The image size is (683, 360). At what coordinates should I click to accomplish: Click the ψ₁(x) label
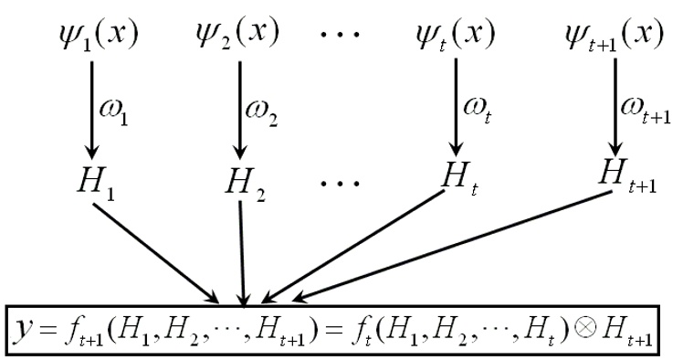pos(99,35)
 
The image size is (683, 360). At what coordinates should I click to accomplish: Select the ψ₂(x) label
pos(237,34)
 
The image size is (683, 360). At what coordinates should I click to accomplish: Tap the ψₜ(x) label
pos(456,34)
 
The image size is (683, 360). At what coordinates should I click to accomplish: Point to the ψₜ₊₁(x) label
pos(615,35)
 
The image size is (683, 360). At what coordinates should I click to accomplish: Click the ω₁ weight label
pos(114,113)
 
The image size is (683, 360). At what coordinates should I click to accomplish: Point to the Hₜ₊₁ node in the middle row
pos(627,176)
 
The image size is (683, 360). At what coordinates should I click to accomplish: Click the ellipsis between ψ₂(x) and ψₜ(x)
pos(341,34)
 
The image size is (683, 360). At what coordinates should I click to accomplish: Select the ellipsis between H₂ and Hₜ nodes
pos(341,183)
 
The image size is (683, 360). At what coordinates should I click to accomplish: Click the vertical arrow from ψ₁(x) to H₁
pos(91,111)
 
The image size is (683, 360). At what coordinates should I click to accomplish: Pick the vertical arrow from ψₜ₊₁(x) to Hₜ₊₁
pos(615,107)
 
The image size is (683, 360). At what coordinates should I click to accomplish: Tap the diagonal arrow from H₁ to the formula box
pos(156,253)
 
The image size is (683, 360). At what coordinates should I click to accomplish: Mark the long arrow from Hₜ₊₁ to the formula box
pos(451,247)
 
